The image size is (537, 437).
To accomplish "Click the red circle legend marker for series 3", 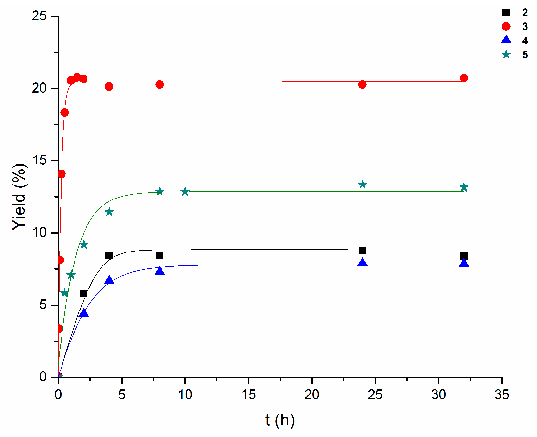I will tap(506, 26).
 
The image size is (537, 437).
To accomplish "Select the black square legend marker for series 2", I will tap(506, 12).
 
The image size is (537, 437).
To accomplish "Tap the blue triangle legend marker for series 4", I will tap(506, 40).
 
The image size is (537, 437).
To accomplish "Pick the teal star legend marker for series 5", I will tap(506, 54).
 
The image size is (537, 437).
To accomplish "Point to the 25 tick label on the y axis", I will tap(39, 16).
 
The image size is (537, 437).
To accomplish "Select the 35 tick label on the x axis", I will tap(502, 395).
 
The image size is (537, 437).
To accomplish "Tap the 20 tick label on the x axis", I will tap(312, 395).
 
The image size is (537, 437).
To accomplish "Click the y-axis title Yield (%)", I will tap(19, 197).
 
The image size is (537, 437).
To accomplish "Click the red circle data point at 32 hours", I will tap(464, 78).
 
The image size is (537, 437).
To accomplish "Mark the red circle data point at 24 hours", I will tap(362, 85).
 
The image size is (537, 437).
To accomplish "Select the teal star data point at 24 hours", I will tap(362, 185).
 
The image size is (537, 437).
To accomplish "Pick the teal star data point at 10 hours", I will tap(185, 192).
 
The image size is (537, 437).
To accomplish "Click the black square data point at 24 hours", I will tap(362, 250).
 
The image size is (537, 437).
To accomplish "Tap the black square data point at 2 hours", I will tap(84, 293).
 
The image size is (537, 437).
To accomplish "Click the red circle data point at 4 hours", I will tap(109, 87).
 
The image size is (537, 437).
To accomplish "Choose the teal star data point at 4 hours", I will tap(109, 212).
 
